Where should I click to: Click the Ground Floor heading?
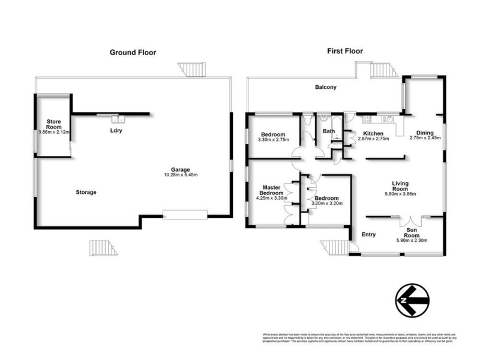pos(133,53)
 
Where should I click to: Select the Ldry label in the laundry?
pos(116,130)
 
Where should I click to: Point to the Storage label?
pos(86,192)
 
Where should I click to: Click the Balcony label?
pos(326,88)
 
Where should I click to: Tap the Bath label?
pos(328,131)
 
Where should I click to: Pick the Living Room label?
pos(400,187)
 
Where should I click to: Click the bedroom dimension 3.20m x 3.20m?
pos(325,204)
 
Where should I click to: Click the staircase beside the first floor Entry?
pos(331,246)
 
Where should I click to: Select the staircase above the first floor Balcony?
pos(380,71)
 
